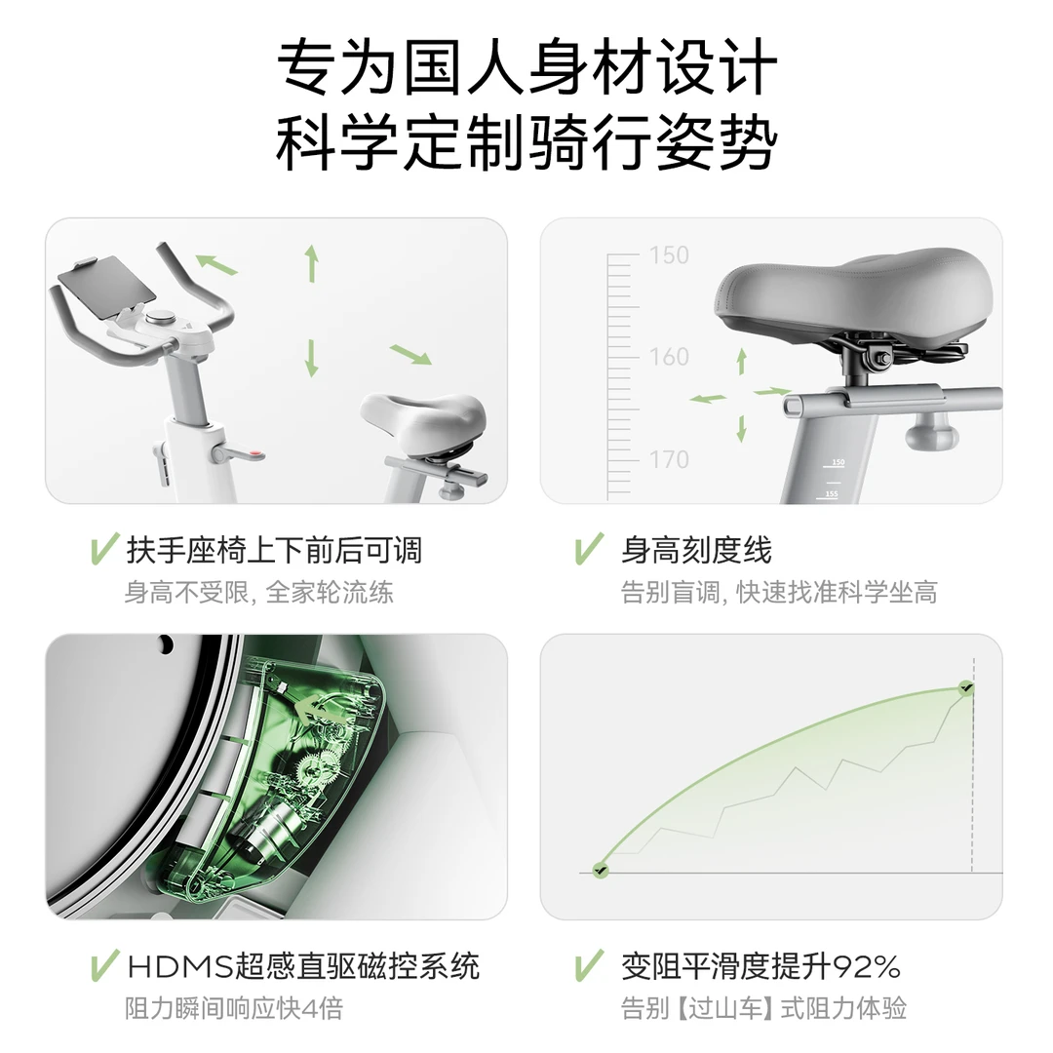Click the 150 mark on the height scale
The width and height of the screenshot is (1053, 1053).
click(x=669, y=255)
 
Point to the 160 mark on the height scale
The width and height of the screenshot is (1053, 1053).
click(x=669, y=357)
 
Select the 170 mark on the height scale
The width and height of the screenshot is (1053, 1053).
click(x=669, y=458)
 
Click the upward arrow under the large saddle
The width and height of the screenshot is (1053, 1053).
click(x=741, y=360)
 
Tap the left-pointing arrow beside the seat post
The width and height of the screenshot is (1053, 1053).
click(x=708, y=398)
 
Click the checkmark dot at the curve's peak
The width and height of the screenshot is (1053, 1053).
click(x=965, y=688)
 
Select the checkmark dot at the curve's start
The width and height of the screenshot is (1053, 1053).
click(x=601, y=869)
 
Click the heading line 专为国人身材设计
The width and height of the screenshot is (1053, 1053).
click(x=526, y=68)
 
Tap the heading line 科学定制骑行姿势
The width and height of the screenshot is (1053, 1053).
click(x=526, y=143)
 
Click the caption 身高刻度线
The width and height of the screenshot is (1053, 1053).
click(x=696, y=551)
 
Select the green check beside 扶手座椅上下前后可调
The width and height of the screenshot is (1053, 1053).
click(x=103, y=550)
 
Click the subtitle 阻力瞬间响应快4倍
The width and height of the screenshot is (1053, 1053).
click(x=234, y=1007)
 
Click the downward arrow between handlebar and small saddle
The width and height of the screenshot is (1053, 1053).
click(x=312, y=358)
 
